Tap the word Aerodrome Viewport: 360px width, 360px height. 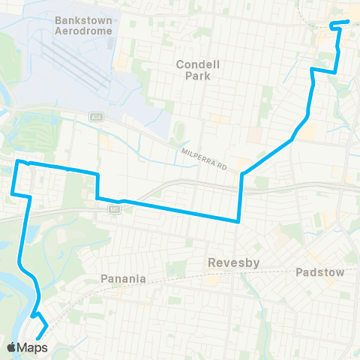[83, 31]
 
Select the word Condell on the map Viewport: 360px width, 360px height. [196, 64]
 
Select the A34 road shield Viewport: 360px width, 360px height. [95, 117]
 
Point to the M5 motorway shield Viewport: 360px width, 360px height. [114, 210]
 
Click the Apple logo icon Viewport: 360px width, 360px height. [11, 347]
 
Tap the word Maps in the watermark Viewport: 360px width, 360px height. [33, 347]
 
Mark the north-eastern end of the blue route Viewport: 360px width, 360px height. [349, 21]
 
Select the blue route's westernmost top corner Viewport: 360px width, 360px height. [18, 161]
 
